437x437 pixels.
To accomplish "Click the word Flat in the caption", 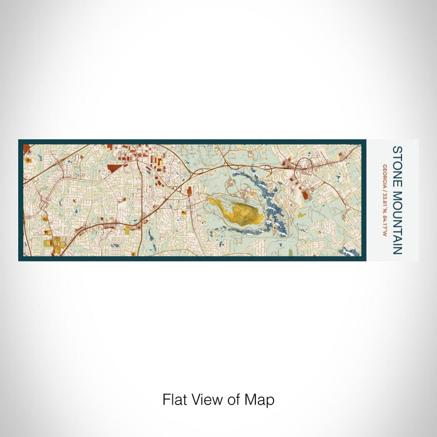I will pyautogui.click(x=174, y=400).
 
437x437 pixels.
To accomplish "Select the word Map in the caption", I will pyautogui.click(x=261, y=400).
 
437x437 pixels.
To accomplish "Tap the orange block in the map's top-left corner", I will pyautogui.click(x=27, y=149).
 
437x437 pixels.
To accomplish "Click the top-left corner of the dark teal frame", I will pyautogui.click(x=20, y=141).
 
